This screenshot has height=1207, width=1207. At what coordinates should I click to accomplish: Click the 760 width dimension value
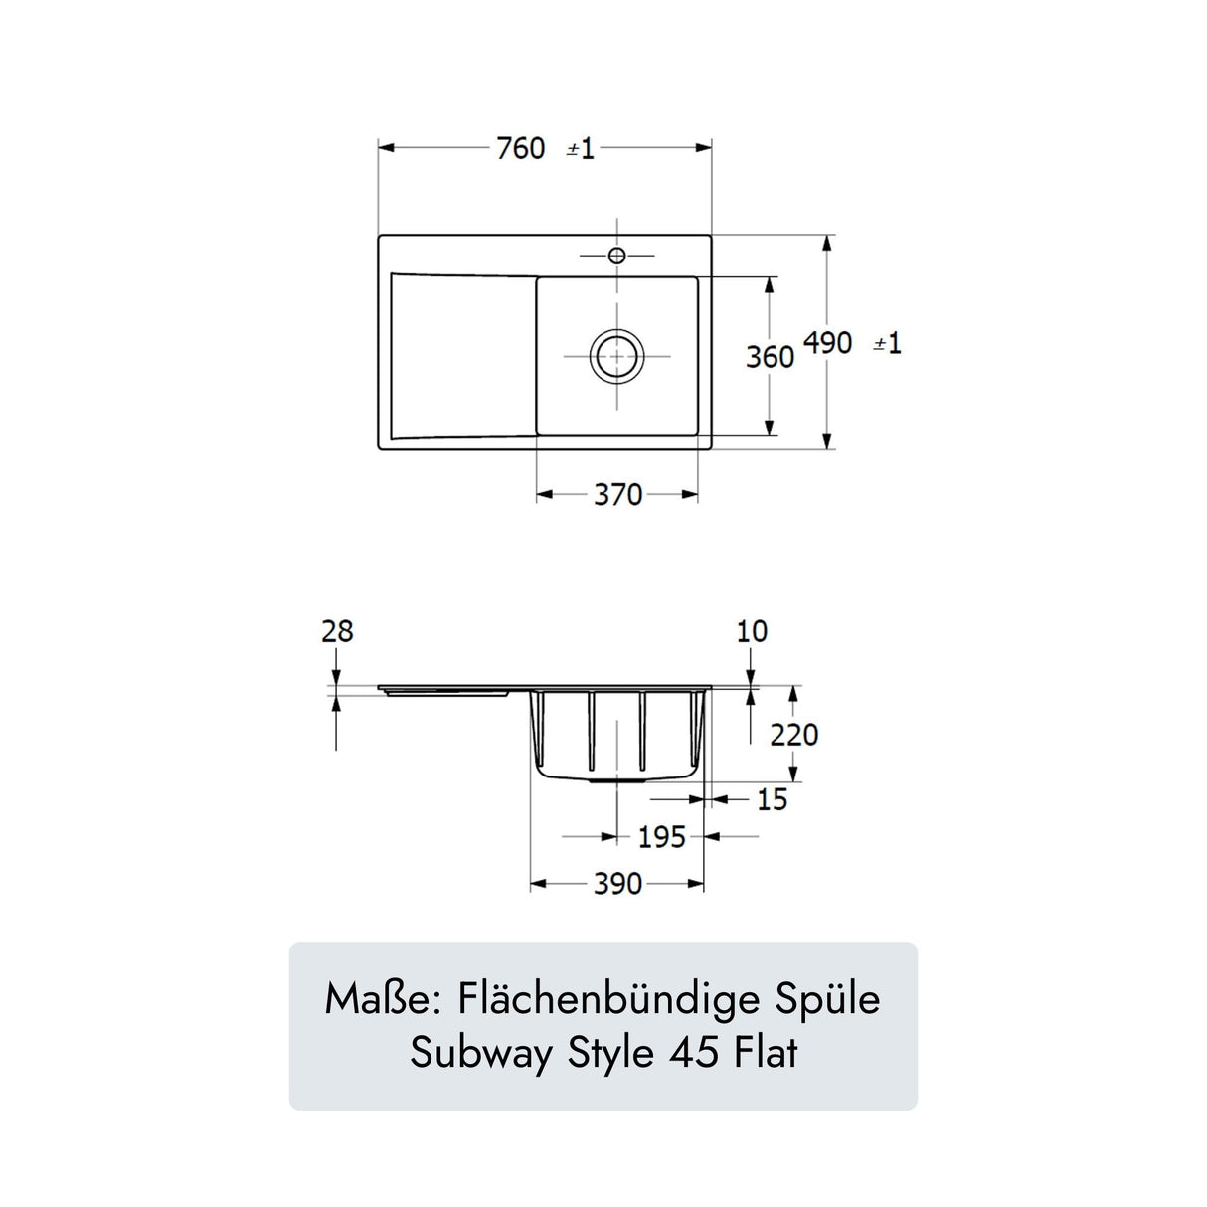[521, 149]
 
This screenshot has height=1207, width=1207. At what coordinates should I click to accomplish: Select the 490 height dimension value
[827, 343]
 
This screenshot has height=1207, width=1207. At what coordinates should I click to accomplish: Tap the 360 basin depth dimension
[770, 356]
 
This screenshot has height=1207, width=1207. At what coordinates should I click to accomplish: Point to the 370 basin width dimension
[617, 494]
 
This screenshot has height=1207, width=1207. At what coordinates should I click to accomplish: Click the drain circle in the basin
[616, 356]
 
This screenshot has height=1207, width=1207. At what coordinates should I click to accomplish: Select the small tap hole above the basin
[616, 256]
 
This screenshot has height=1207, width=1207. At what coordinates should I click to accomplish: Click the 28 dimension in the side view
[337, 631]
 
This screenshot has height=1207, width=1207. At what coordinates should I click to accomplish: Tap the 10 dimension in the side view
[752, 631]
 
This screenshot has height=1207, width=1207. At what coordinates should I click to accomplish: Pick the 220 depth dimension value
[794, 735]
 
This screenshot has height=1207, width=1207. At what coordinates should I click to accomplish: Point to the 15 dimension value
[772, 799]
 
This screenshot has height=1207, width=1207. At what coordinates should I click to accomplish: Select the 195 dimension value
[661, 837]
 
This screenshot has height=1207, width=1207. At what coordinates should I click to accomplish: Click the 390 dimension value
[617, 884]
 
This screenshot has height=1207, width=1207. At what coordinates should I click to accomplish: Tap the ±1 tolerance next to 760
[581, 149]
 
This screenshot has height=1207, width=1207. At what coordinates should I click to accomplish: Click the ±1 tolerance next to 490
[887, 344]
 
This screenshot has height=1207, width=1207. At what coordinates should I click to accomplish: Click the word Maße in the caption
[382, 999]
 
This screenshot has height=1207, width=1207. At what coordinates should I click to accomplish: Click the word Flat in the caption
[767, 1053]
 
